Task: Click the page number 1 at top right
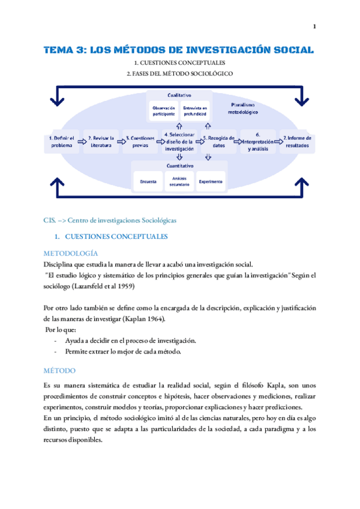pyautogui.click(x=314, y=26)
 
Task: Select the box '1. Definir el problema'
pyautogui.click(x=61, y=142)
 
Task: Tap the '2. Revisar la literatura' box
pyautogui.click(x=101, y=142)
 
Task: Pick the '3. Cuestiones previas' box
pyautogui.click(x=140, y=142)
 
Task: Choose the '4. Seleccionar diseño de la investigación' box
pyautogui.click(x=179, y=142)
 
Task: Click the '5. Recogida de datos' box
pyautogui.click(x=218, y=142)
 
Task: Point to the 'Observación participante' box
pyautogui.click(x=163, y=110)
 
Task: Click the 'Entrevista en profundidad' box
pyautogui.click(x=195, y=110)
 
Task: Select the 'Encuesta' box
pyautogui.click(x=148, y=181)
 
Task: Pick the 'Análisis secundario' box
pyautogui.click(x=179, y=181)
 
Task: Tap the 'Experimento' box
pyautogui.click(x=211, y=181)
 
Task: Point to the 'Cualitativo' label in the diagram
pyautogui.click(x=179, y=95)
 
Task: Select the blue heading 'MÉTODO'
pyautogui.click(x=58, y=371)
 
